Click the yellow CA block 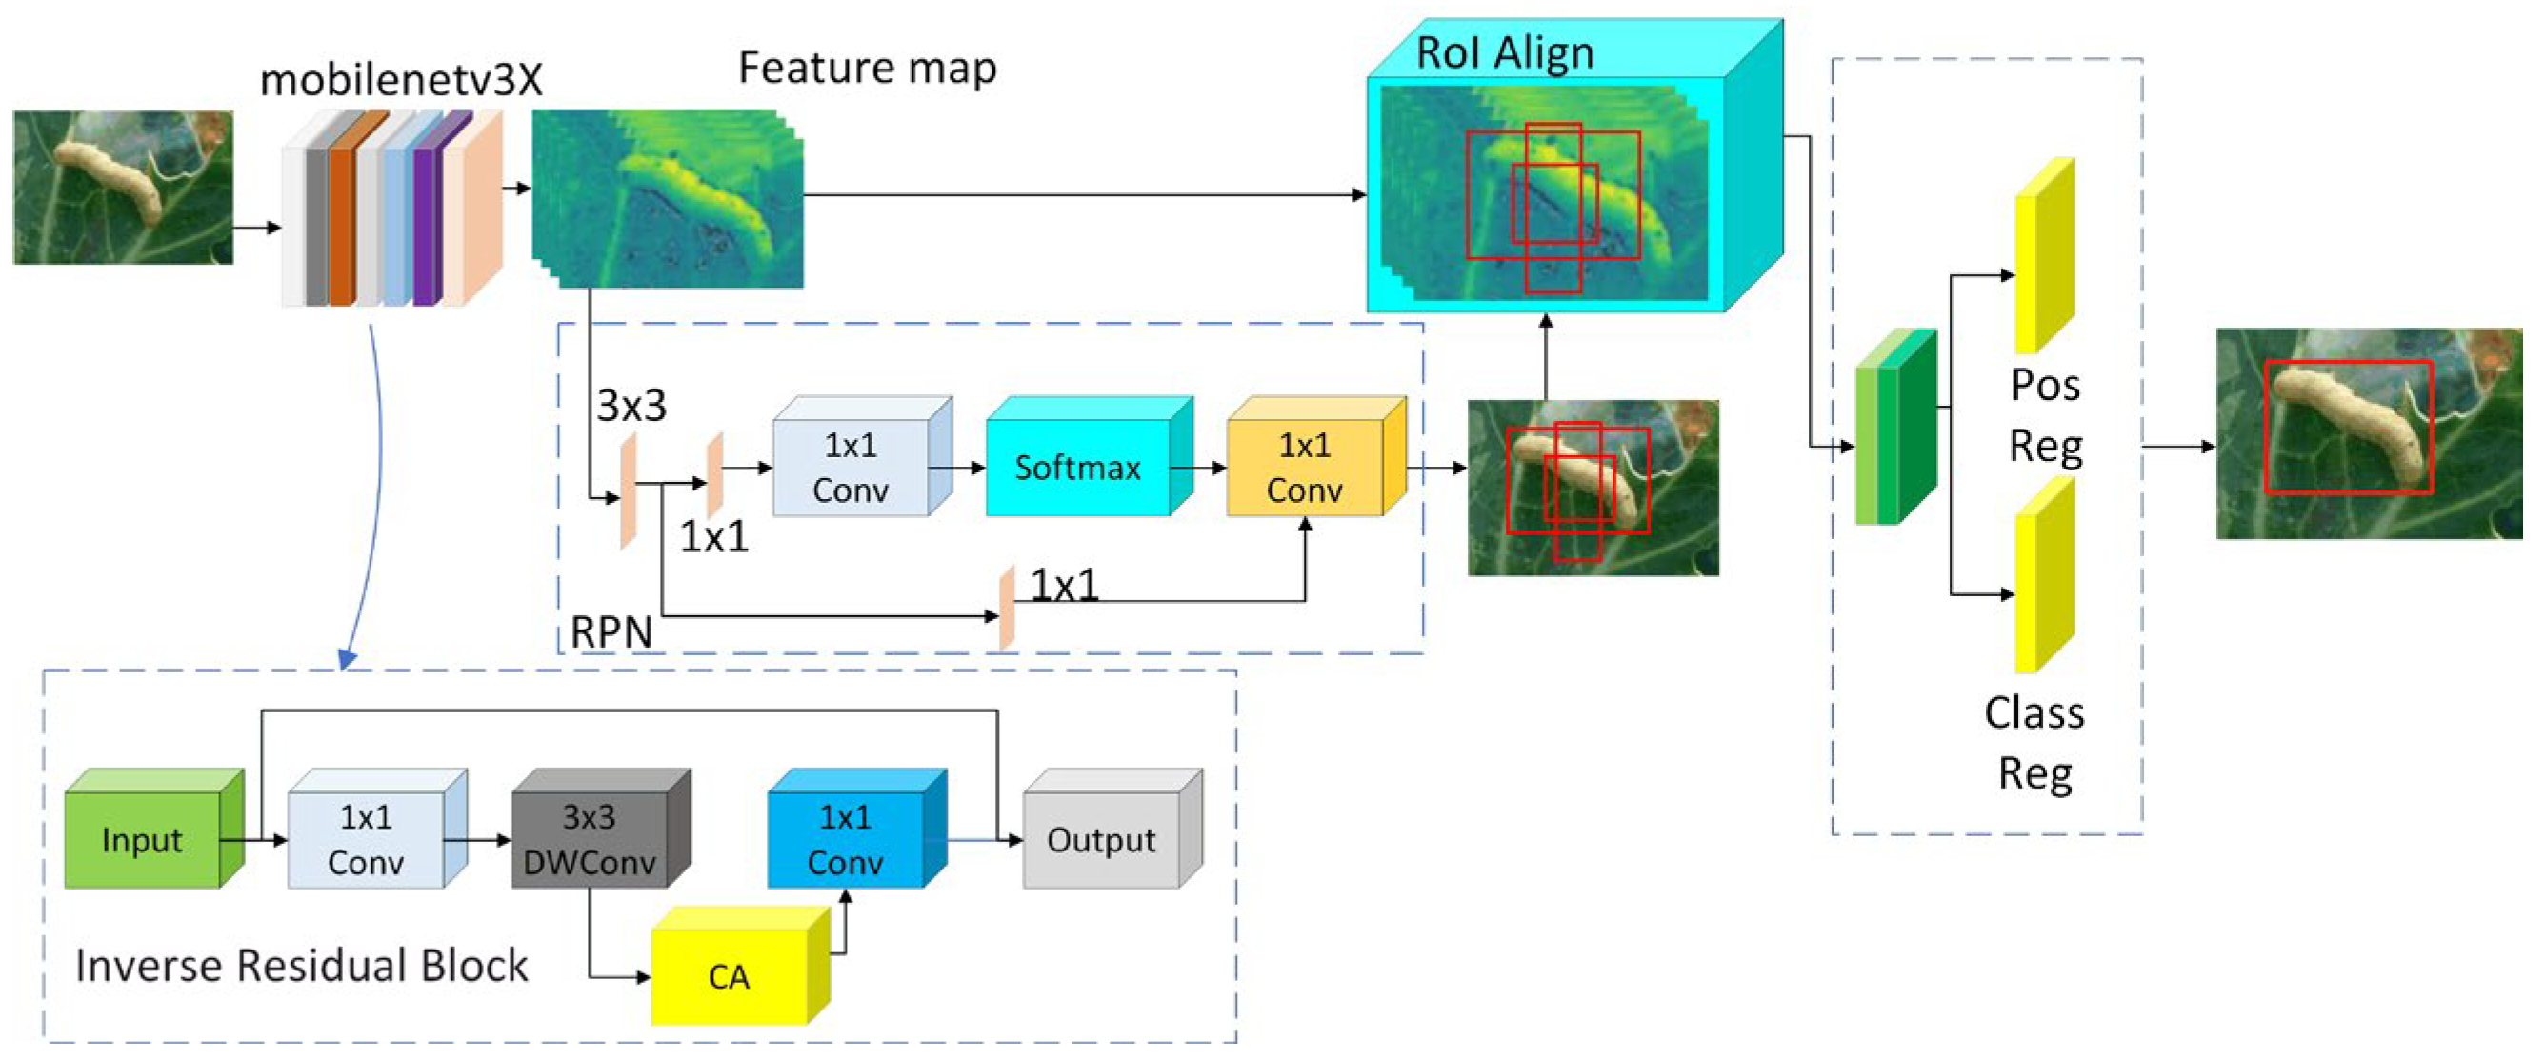coord(730,976)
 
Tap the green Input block coord(142,840)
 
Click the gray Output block coord(1101,840)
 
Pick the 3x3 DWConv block coord(589,840)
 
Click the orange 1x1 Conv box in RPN coord(1304,467)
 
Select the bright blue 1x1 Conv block coord(845,840)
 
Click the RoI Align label coord(1505,52)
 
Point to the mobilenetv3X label coord(401,80)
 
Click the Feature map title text coord(868,68)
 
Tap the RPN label coord(611,631)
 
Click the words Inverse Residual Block coord(301,965)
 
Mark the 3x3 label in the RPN coord(631,405)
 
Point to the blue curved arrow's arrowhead coord(347,658)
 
